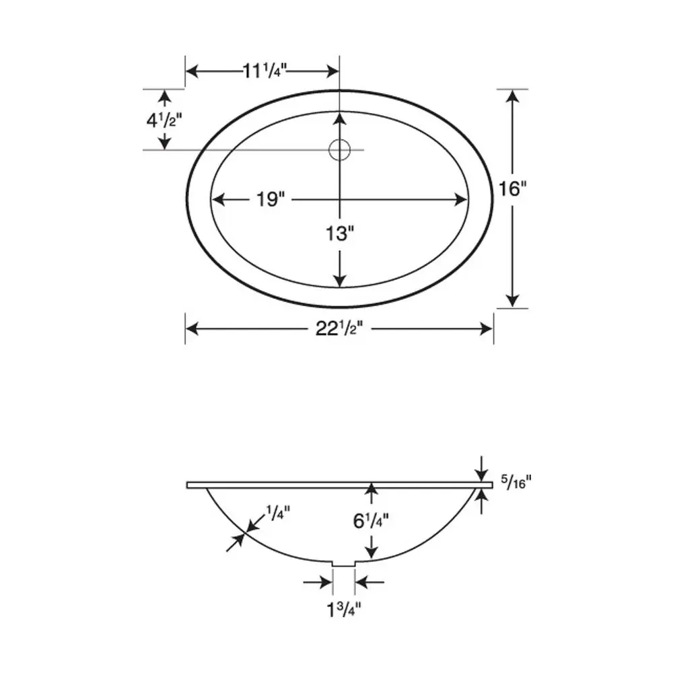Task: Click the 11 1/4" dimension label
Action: click(262, 71)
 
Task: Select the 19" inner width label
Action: click(271, 199)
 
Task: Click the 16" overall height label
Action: click(512, 189)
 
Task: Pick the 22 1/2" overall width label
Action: click(341, 328)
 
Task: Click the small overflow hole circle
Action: click(340, 149)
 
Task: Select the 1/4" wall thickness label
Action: click(277, 513)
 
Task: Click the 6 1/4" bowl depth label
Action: click(370, 520)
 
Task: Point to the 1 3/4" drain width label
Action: click(344, 610)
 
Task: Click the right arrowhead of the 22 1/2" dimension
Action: click(487, 328)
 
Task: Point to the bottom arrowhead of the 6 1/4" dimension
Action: click(370, 553)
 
